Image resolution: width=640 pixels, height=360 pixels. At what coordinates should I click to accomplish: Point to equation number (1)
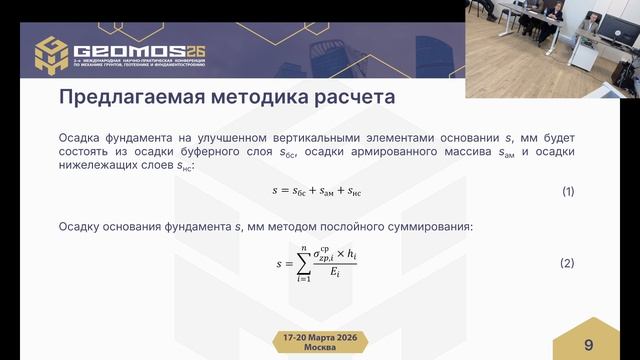pyautogui.click(x=567, y=191)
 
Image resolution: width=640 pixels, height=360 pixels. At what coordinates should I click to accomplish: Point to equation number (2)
pyautogui.click(x=567, y=263)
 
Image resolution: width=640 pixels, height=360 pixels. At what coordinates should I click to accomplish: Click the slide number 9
pyautogui.click(x=588, y=344)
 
